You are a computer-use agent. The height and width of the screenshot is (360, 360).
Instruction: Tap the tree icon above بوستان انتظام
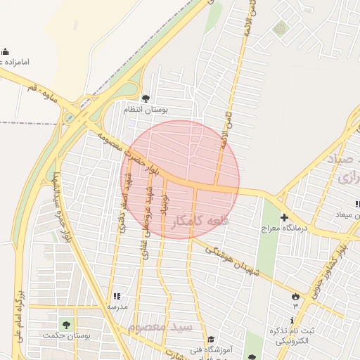point(146,98)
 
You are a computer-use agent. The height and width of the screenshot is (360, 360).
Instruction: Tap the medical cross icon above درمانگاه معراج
point(284,218)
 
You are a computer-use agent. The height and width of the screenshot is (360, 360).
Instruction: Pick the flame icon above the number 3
point(295,296)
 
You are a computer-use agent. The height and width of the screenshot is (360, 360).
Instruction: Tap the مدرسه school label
point(117,307)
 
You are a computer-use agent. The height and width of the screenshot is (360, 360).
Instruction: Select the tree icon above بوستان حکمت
point(66,325)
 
